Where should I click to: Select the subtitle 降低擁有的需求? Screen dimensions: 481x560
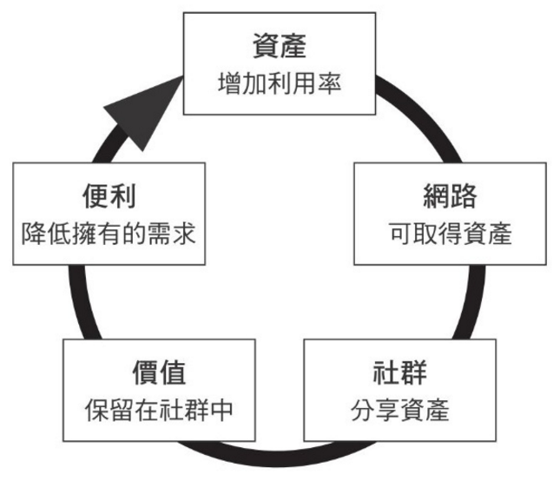(x=109, y=233)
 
